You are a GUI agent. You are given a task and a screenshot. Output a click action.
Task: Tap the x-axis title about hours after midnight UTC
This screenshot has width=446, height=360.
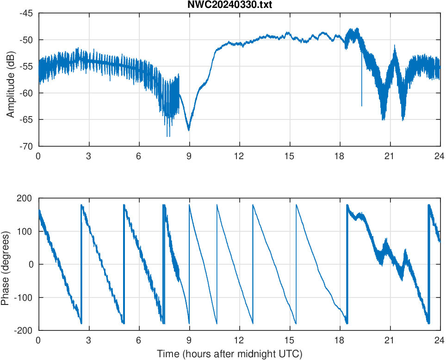(229, 354)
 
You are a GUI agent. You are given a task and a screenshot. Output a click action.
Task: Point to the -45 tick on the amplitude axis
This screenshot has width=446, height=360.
(26, 13)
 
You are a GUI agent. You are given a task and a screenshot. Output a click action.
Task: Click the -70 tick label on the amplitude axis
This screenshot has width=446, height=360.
(26, 146)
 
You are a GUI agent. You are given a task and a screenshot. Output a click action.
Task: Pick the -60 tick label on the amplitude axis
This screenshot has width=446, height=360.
(26, 93)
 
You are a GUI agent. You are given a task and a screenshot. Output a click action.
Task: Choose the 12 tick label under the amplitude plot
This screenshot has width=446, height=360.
(239, 156)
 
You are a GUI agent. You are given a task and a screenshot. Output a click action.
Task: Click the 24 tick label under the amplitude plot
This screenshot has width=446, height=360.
(440, 156)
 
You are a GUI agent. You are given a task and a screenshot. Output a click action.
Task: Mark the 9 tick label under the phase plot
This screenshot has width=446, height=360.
(189, 340)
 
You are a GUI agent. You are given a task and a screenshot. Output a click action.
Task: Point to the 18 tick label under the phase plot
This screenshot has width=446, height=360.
(340, 340)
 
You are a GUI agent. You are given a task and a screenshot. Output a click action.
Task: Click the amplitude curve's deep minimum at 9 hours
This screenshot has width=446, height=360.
(189, 130)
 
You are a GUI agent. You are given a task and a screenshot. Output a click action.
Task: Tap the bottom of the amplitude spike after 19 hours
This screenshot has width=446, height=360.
(362, 106)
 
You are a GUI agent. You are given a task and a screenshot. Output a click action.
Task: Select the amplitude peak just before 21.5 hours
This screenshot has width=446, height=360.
(395, 45)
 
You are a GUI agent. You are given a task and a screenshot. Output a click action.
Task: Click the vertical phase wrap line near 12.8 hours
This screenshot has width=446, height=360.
(253, 264)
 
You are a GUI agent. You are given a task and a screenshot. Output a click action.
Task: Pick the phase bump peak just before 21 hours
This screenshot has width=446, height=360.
(385, 239)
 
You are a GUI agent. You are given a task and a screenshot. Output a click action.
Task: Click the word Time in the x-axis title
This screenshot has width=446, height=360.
(167, 354)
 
